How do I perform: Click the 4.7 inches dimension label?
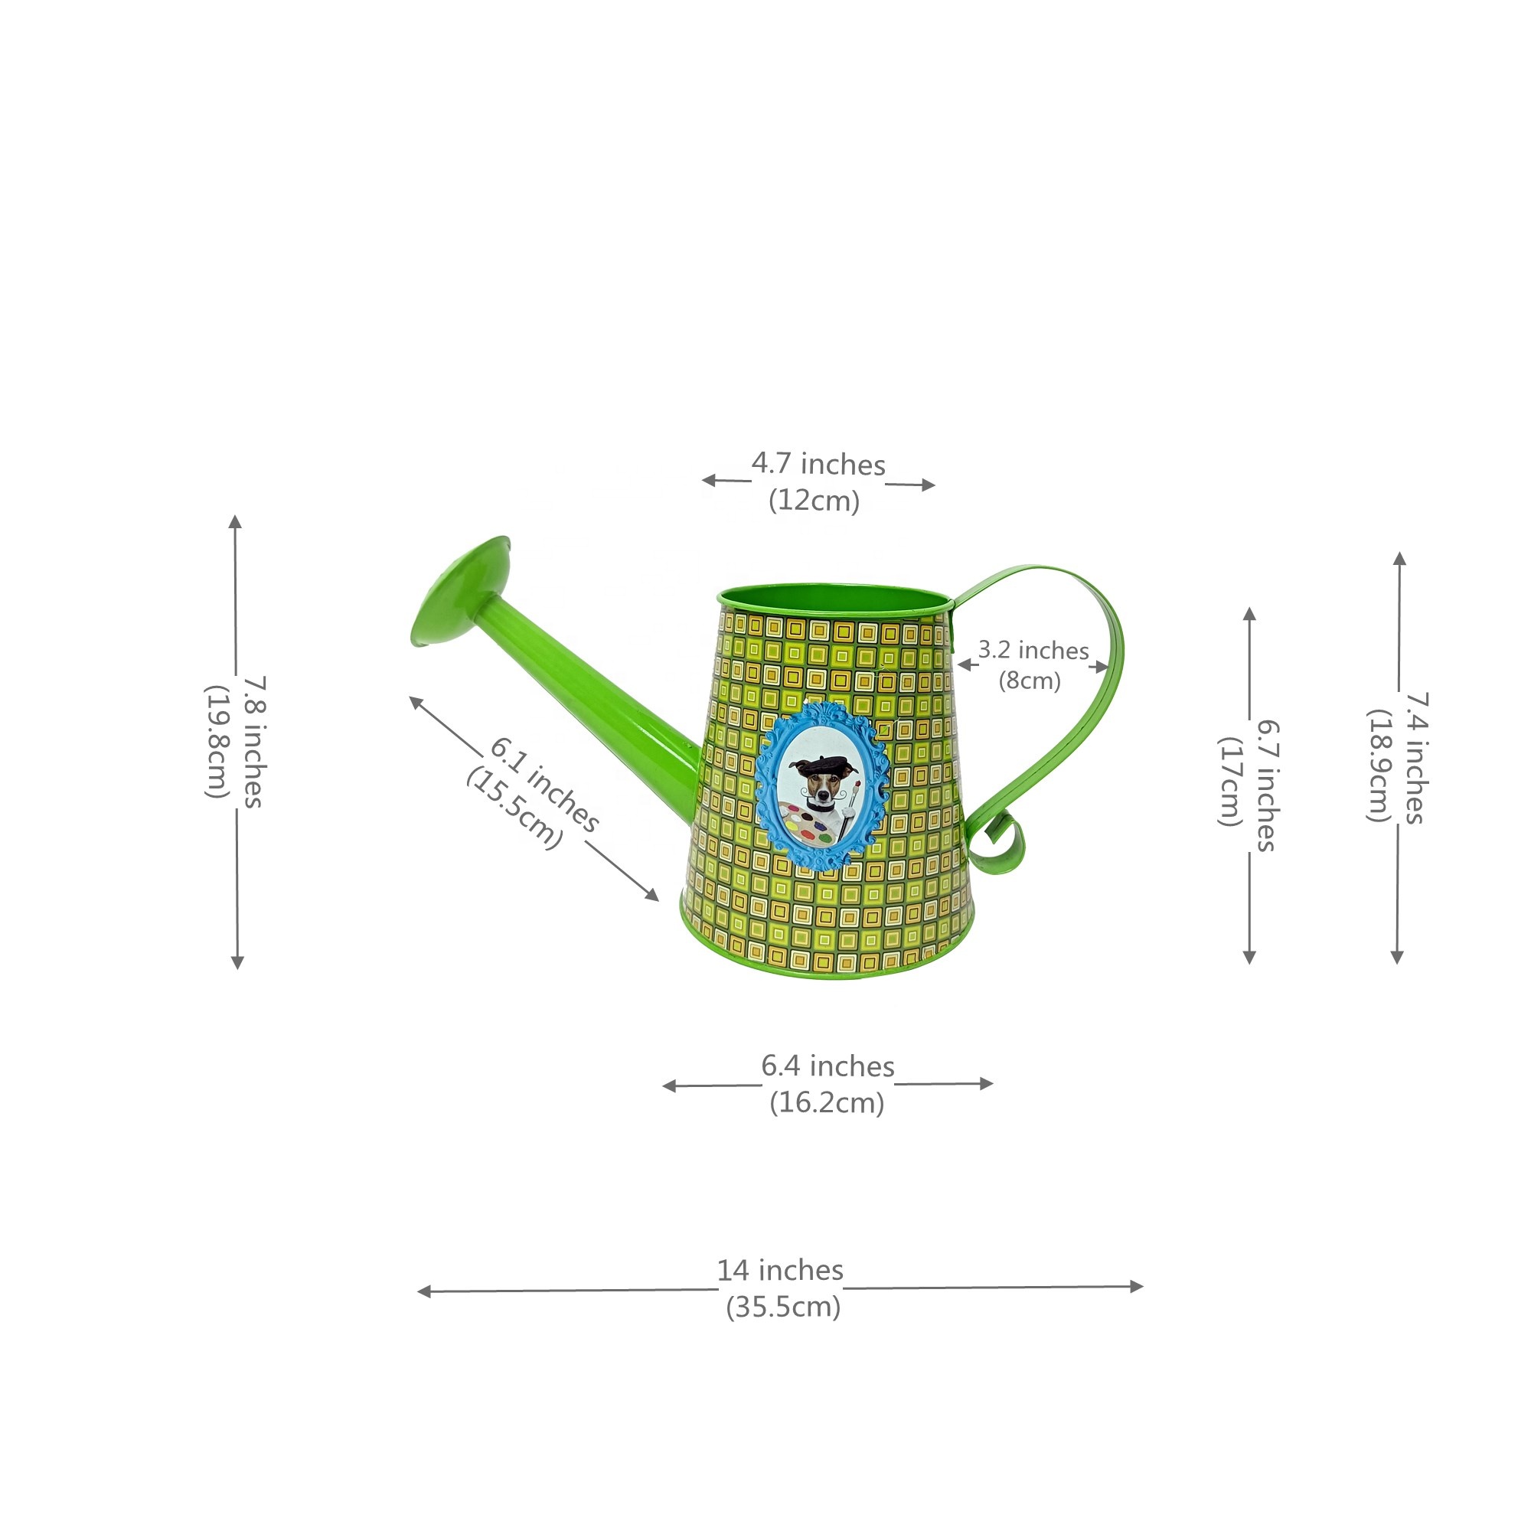(x=818, y=465)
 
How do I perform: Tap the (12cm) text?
(x=814, y=501)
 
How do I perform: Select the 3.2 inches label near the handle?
(x=1033, y=651)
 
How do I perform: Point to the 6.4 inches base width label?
(x=828, y=1066)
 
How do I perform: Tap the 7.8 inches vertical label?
(x=253, y=742)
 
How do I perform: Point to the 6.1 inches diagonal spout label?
(x=544, y=785)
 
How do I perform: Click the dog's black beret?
(x=821, y=765)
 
